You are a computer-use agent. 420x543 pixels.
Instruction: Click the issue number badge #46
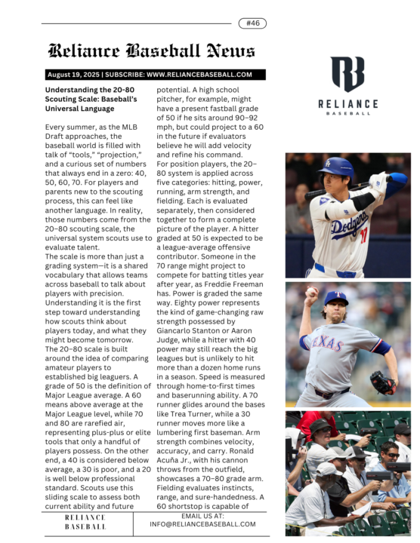pos(252,23)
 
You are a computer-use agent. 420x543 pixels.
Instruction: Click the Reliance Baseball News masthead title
pos(151,51)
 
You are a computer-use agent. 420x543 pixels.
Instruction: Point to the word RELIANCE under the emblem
pos(347,103)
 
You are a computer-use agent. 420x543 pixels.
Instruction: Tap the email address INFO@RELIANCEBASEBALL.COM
pos(202,523)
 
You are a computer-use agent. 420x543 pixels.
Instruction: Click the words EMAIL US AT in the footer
pos(202,515)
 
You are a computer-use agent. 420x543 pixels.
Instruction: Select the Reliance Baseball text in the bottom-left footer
pos(85,523)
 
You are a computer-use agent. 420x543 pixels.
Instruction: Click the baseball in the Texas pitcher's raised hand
pos(311,291)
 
